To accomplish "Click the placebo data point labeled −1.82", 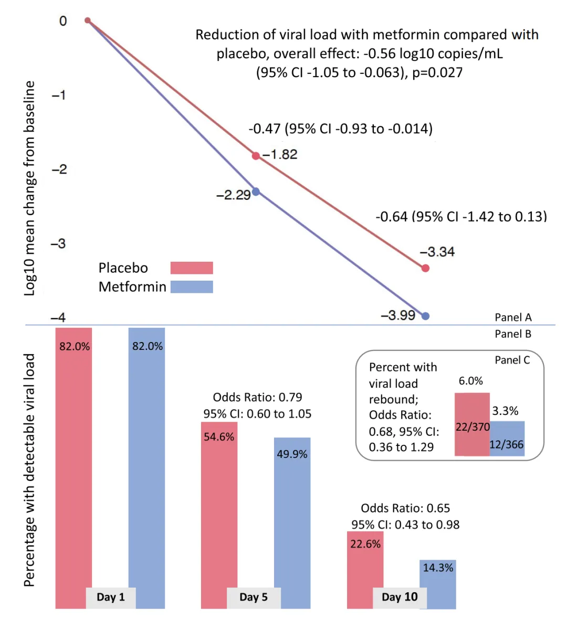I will coord(256,156).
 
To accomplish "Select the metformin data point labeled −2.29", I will coord(256,191).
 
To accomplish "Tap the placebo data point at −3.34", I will coord(425,268).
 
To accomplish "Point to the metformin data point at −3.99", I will coord(425,316).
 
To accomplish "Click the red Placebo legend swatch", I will coord(192,268).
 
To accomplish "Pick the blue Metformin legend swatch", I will coord(192,286).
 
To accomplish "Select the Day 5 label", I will coord(253,597).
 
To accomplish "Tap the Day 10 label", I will coord(400,597).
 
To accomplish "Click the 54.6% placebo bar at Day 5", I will coord(219,504).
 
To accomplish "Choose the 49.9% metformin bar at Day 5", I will coord(292,514).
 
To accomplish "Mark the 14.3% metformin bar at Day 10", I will coord(437,582).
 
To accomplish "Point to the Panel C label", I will coord(512,360).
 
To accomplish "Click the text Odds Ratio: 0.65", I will coord(405,508).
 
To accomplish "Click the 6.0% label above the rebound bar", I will coord(470,381).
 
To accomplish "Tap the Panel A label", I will coord(513,317).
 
